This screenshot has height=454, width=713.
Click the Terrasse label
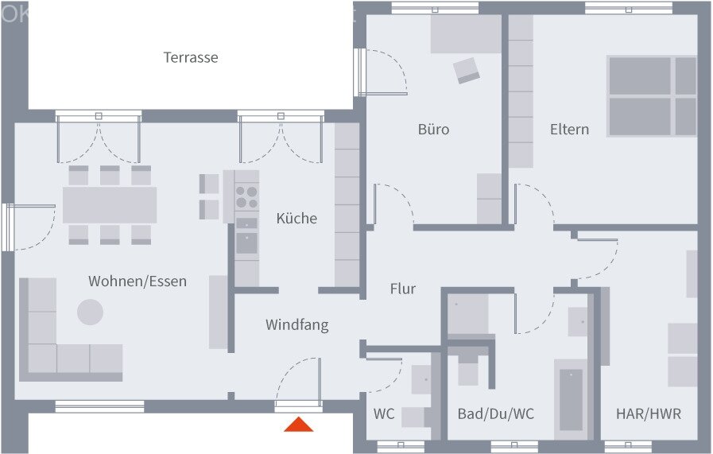coord(191,57)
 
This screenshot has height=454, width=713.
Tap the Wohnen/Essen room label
coord(138,281)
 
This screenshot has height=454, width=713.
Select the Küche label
coord(296,218)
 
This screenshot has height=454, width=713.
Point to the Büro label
coord(433,129)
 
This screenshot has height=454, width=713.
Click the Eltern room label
coord(569,129)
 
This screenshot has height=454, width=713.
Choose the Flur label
coord(403,289)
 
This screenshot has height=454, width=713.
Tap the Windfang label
coord(296,324)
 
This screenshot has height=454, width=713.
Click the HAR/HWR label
coord(649,413)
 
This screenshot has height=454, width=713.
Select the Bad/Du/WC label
coord(495,413)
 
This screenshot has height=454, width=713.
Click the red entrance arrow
coord(299,425)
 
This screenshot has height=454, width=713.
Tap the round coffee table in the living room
coord(90,312)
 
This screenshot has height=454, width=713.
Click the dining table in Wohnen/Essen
coord(110,205)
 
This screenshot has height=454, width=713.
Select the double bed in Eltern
coord(652,95)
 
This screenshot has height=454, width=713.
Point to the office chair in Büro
coord(467,71)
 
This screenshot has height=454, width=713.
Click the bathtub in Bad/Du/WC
coord(571,399)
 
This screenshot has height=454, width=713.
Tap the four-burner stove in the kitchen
coord(246,196)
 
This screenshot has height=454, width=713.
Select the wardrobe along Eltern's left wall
coord(521,91)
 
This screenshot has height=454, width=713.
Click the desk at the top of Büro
coord(466,34)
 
